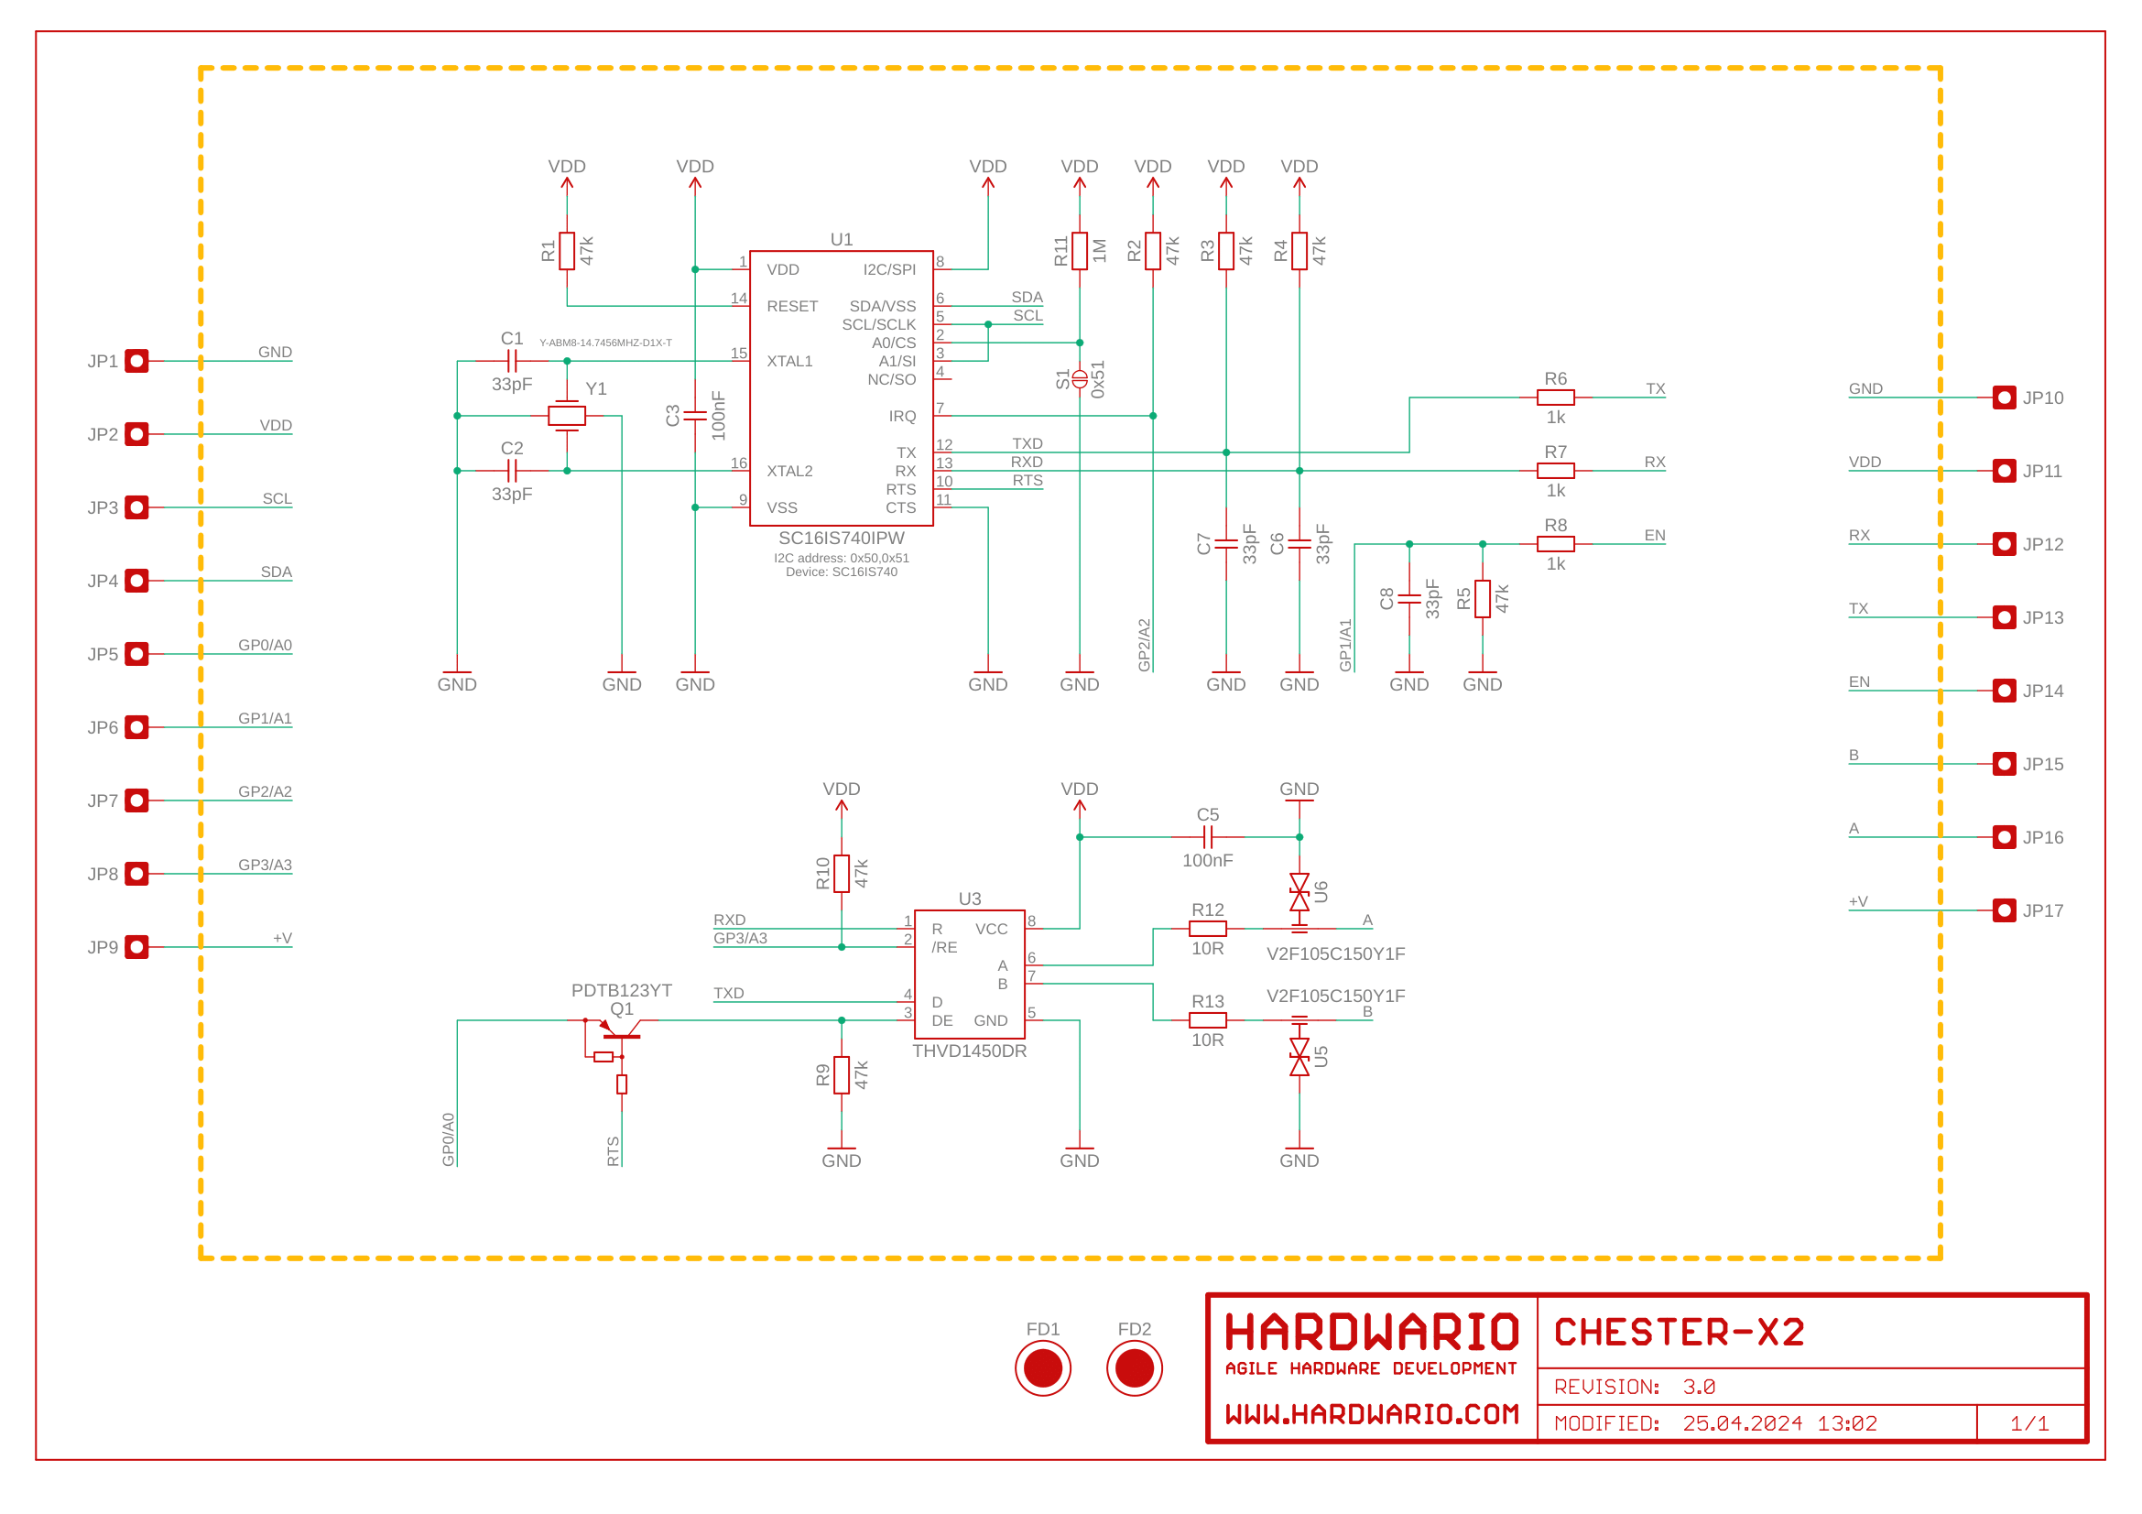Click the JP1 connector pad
click(137, 361)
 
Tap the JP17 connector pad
click(2004, 910)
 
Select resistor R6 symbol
click(1555, 398)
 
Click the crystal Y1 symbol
click(566, 415)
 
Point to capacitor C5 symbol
click(1207, 837)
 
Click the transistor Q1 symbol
click(620, 1030)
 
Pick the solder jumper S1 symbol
click(1080, 379)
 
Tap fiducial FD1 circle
click(1043, 1368)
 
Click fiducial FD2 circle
click(1135, 1368)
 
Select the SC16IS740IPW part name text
click(842, 539)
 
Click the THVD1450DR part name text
click(969, 1051)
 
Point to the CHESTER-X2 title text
click(1680, 1332)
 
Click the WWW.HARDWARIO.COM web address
click(1372, 1414)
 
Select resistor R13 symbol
click(1207, 1020)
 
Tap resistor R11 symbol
click(1080, 251)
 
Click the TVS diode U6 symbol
click(1299, 893)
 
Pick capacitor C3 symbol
click(695, 415)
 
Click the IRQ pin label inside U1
click(902, 416)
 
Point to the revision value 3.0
click(1699, 1387)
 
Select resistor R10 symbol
click(842, 874)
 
